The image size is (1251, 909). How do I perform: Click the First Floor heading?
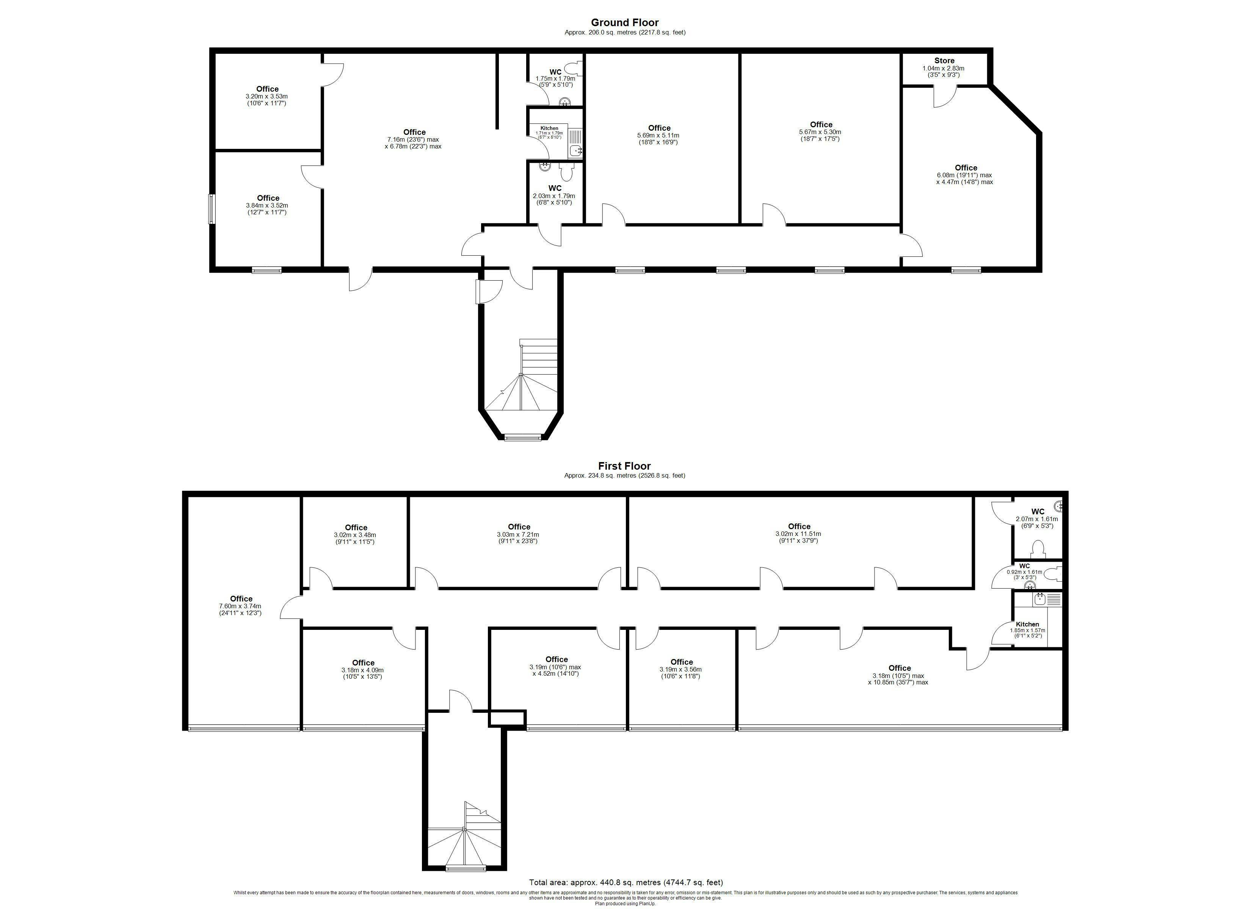[624, 466]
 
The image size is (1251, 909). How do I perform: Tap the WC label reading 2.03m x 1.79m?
[554, 195]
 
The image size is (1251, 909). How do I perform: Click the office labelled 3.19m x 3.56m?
[681, 668]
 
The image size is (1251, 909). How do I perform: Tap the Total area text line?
[625, 882]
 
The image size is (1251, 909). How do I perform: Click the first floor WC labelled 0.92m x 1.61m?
[1024, 571]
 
